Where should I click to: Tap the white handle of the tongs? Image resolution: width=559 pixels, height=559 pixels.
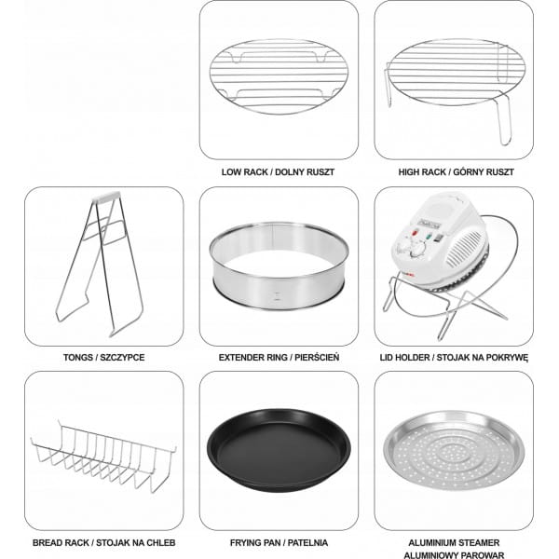(x=106, y=197)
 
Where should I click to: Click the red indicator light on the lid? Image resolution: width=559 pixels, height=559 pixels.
(x=415, y=234)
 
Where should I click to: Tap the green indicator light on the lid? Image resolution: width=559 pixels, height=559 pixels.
(x=429, y=236)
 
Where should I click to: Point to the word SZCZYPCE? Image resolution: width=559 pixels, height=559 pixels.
(x=122, y=358)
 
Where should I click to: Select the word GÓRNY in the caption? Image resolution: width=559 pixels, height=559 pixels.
(x=469, y=172)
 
